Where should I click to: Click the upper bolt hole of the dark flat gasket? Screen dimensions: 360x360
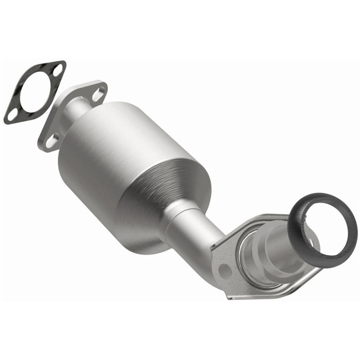[x=57, y=69]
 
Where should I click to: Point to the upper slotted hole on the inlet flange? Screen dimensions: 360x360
[x=98, y=93]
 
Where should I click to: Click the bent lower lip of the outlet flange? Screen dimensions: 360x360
[x=267, y=293]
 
